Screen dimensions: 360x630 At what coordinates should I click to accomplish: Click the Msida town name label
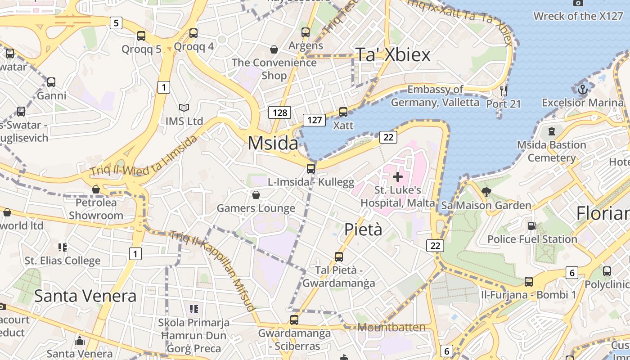pos(273,143)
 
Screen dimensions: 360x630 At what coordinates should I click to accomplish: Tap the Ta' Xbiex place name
pos(393,54)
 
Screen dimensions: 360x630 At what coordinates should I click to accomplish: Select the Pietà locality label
pos(363,229)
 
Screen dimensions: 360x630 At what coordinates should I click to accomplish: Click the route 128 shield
pos(279,112)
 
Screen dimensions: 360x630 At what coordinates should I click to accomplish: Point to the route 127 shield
pos(314,120)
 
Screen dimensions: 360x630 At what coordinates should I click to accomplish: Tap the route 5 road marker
pos(116,22)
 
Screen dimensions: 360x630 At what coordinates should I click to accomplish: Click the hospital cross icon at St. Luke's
pos(398,176)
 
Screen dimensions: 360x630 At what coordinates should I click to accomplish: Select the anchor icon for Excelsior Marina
pos(583,89)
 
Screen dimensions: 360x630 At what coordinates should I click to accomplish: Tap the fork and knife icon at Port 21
pos(504,91)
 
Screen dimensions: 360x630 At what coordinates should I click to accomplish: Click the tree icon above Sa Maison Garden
pos(486,192)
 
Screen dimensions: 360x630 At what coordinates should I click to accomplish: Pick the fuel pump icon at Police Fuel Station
pos(532,226)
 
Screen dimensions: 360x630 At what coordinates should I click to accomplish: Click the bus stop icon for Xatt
pos(343,112)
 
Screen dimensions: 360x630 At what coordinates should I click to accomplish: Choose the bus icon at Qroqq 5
pos(141,36)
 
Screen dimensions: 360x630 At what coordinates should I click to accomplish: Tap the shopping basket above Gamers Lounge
pos(256,195)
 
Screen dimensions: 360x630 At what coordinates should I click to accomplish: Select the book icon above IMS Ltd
pos(184,108)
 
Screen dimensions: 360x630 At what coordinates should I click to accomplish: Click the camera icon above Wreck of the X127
pos(578,3)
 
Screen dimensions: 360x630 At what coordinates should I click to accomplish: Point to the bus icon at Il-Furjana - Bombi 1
pos(529,282)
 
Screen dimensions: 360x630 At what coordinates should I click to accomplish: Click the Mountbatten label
pos(391,327)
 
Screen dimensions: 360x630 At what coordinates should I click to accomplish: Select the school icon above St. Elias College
pos(63,247)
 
